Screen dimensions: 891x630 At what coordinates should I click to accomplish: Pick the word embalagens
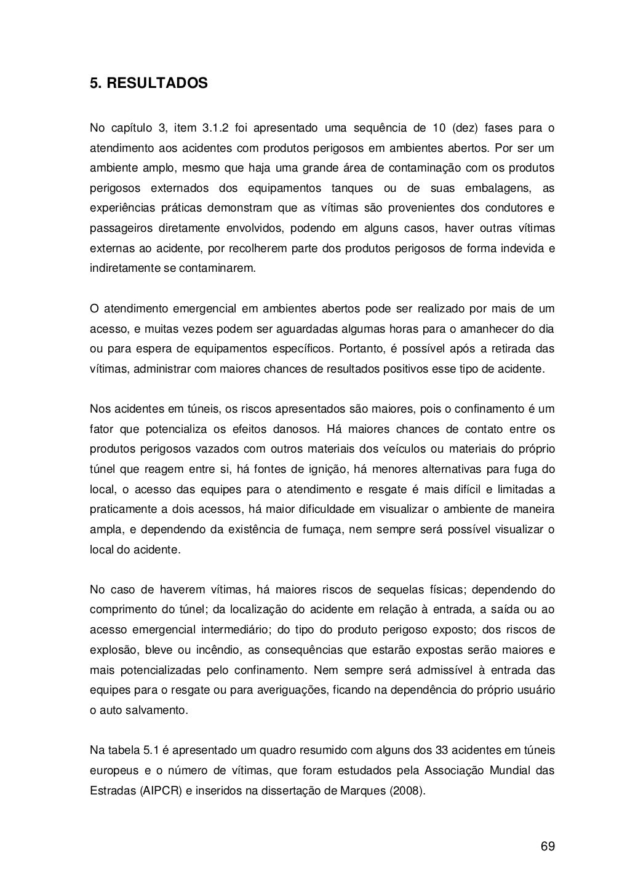point(492,188)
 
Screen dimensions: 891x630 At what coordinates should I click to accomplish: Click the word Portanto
point(359,349)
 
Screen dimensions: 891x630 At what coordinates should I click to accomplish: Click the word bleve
point(159,650)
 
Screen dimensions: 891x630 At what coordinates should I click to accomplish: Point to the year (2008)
point(407,790)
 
